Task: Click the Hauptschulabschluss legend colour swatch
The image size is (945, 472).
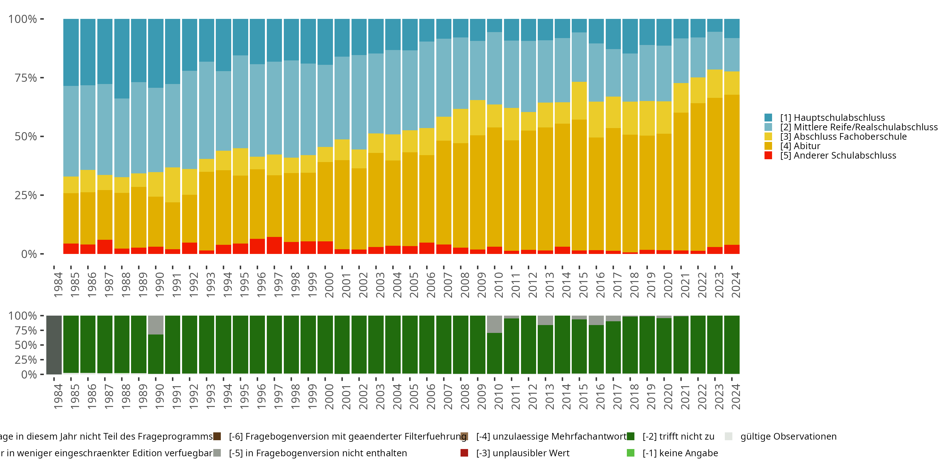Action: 768,118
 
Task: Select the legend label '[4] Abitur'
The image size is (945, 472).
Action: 800,146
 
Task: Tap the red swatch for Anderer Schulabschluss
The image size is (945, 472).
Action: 768,155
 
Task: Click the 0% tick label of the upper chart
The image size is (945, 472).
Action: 29,254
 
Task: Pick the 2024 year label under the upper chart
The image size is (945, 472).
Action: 736,285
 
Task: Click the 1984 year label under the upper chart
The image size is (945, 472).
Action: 58,285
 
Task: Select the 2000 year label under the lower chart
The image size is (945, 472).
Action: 329,397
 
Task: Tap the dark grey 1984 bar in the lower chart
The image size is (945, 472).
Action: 54,345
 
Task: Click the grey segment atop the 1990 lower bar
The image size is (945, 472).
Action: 156,325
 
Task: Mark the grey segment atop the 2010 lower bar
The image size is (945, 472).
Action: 494,324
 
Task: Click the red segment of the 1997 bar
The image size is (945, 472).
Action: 274,245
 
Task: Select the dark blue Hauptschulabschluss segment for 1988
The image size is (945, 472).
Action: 122,59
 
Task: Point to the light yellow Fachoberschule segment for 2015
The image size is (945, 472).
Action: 579,101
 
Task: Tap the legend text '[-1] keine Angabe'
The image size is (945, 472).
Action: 680,453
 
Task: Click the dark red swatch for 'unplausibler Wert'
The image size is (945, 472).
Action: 464,453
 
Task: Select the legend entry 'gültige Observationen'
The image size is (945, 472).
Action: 788,436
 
